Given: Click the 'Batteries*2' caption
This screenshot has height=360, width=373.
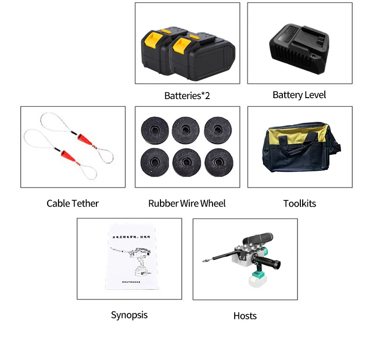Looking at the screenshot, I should pos(187,96).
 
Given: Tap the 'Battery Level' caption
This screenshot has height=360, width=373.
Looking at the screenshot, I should pos(299,95).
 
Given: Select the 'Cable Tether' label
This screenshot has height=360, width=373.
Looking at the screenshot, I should pos(73,203).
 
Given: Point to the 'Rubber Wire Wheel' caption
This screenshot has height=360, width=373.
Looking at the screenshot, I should pos(187,203).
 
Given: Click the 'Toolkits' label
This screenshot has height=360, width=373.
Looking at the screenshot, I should pos(299,204).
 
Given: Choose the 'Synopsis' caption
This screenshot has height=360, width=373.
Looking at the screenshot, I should pos(129,315).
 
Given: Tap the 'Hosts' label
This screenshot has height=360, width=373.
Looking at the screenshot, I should pos(245,316).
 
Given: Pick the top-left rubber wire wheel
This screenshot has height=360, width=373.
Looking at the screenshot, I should pos(154,130).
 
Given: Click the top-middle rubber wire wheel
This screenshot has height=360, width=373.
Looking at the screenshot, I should pos(186,130).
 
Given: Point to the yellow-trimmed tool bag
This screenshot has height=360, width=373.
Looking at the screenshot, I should pos(300,150).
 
